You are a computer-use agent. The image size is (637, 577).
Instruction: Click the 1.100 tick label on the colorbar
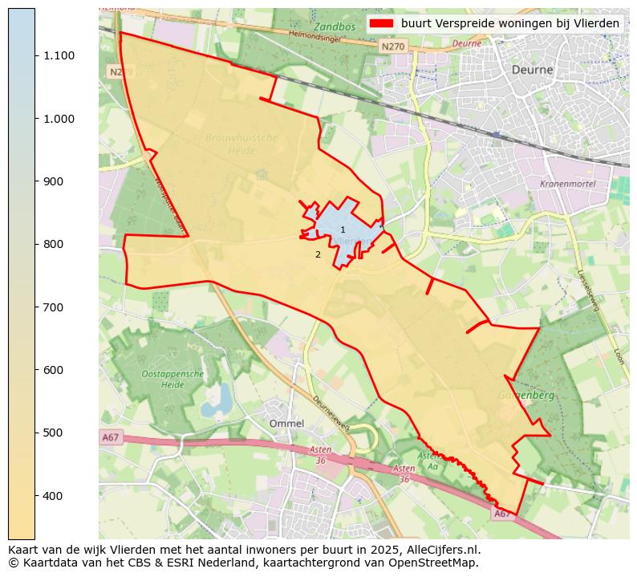59,55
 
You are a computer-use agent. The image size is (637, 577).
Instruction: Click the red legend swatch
380,23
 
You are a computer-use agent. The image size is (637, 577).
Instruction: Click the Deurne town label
532,70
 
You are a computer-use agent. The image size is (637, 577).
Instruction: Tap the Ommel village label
286,423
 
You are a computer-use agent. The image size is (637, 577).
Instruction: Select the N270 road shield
393,47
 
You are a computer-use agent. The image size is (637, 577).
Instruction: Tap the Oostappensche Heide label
172,380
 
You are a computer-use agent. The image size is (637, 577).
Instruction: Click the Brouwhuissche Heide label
241,144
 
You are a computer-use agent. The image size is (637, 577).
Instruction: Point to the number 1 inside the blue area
343,230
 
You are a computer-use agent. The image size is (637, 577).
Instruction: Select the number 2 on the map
318,255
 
